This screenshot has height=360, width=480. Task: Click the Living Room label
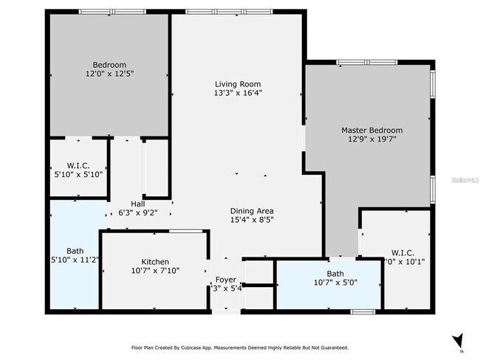click(x=237, y=84)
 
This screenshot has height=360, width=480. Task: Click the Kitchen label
click(x=155, y=262)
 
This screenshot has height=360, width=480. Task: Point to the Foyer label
click(x=225, y=280)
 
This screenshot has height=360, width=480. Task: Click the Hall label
click(x=138, y=204)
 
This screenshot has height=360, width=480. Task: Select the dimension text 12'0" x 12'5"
click(x=109, y=74)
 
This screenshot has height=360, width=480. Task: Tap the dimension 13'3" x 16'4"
click(x=237, y=93)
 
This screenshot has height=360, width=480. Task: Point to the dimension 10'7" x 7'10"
click(x=155, y=271)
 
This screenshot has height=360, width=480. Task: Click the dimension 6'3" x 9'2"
click(x=138, y=213)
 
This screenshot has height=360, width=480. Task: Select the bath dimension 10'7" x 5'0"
click(x=335, y=283)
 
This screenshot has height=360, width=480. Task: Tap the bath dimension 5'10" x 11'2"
click(x=75, y=260)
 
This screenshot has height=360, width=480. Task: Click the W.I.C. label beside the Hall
click(x=78, y=165)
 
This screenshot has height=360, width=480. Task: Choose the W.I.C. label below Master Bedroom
click(x=402, y=252)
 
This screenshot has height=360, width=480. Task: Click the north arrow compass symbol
click(x=459, y=341)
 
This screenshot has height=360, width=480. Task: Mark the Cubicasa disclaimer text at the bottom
click(x=240, y=347)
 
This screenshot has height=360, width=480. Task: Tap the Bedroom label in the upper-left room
click(x=109, y=64)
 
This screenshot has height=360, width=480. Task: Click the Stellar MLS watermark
click(x=464, y=179)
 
